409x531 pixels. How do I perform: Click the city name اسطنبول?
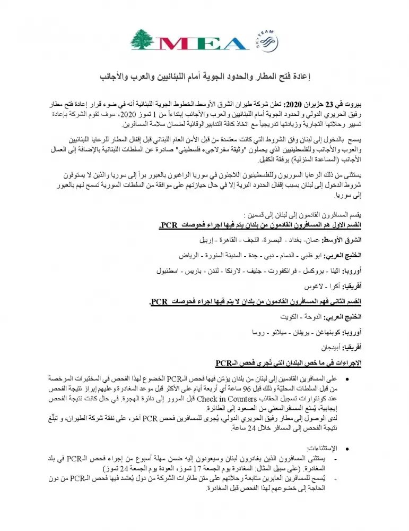166,271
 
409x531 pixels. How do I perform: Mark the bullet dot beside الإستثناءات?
347,448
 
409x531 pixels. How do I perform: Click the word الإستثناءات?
321,448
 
